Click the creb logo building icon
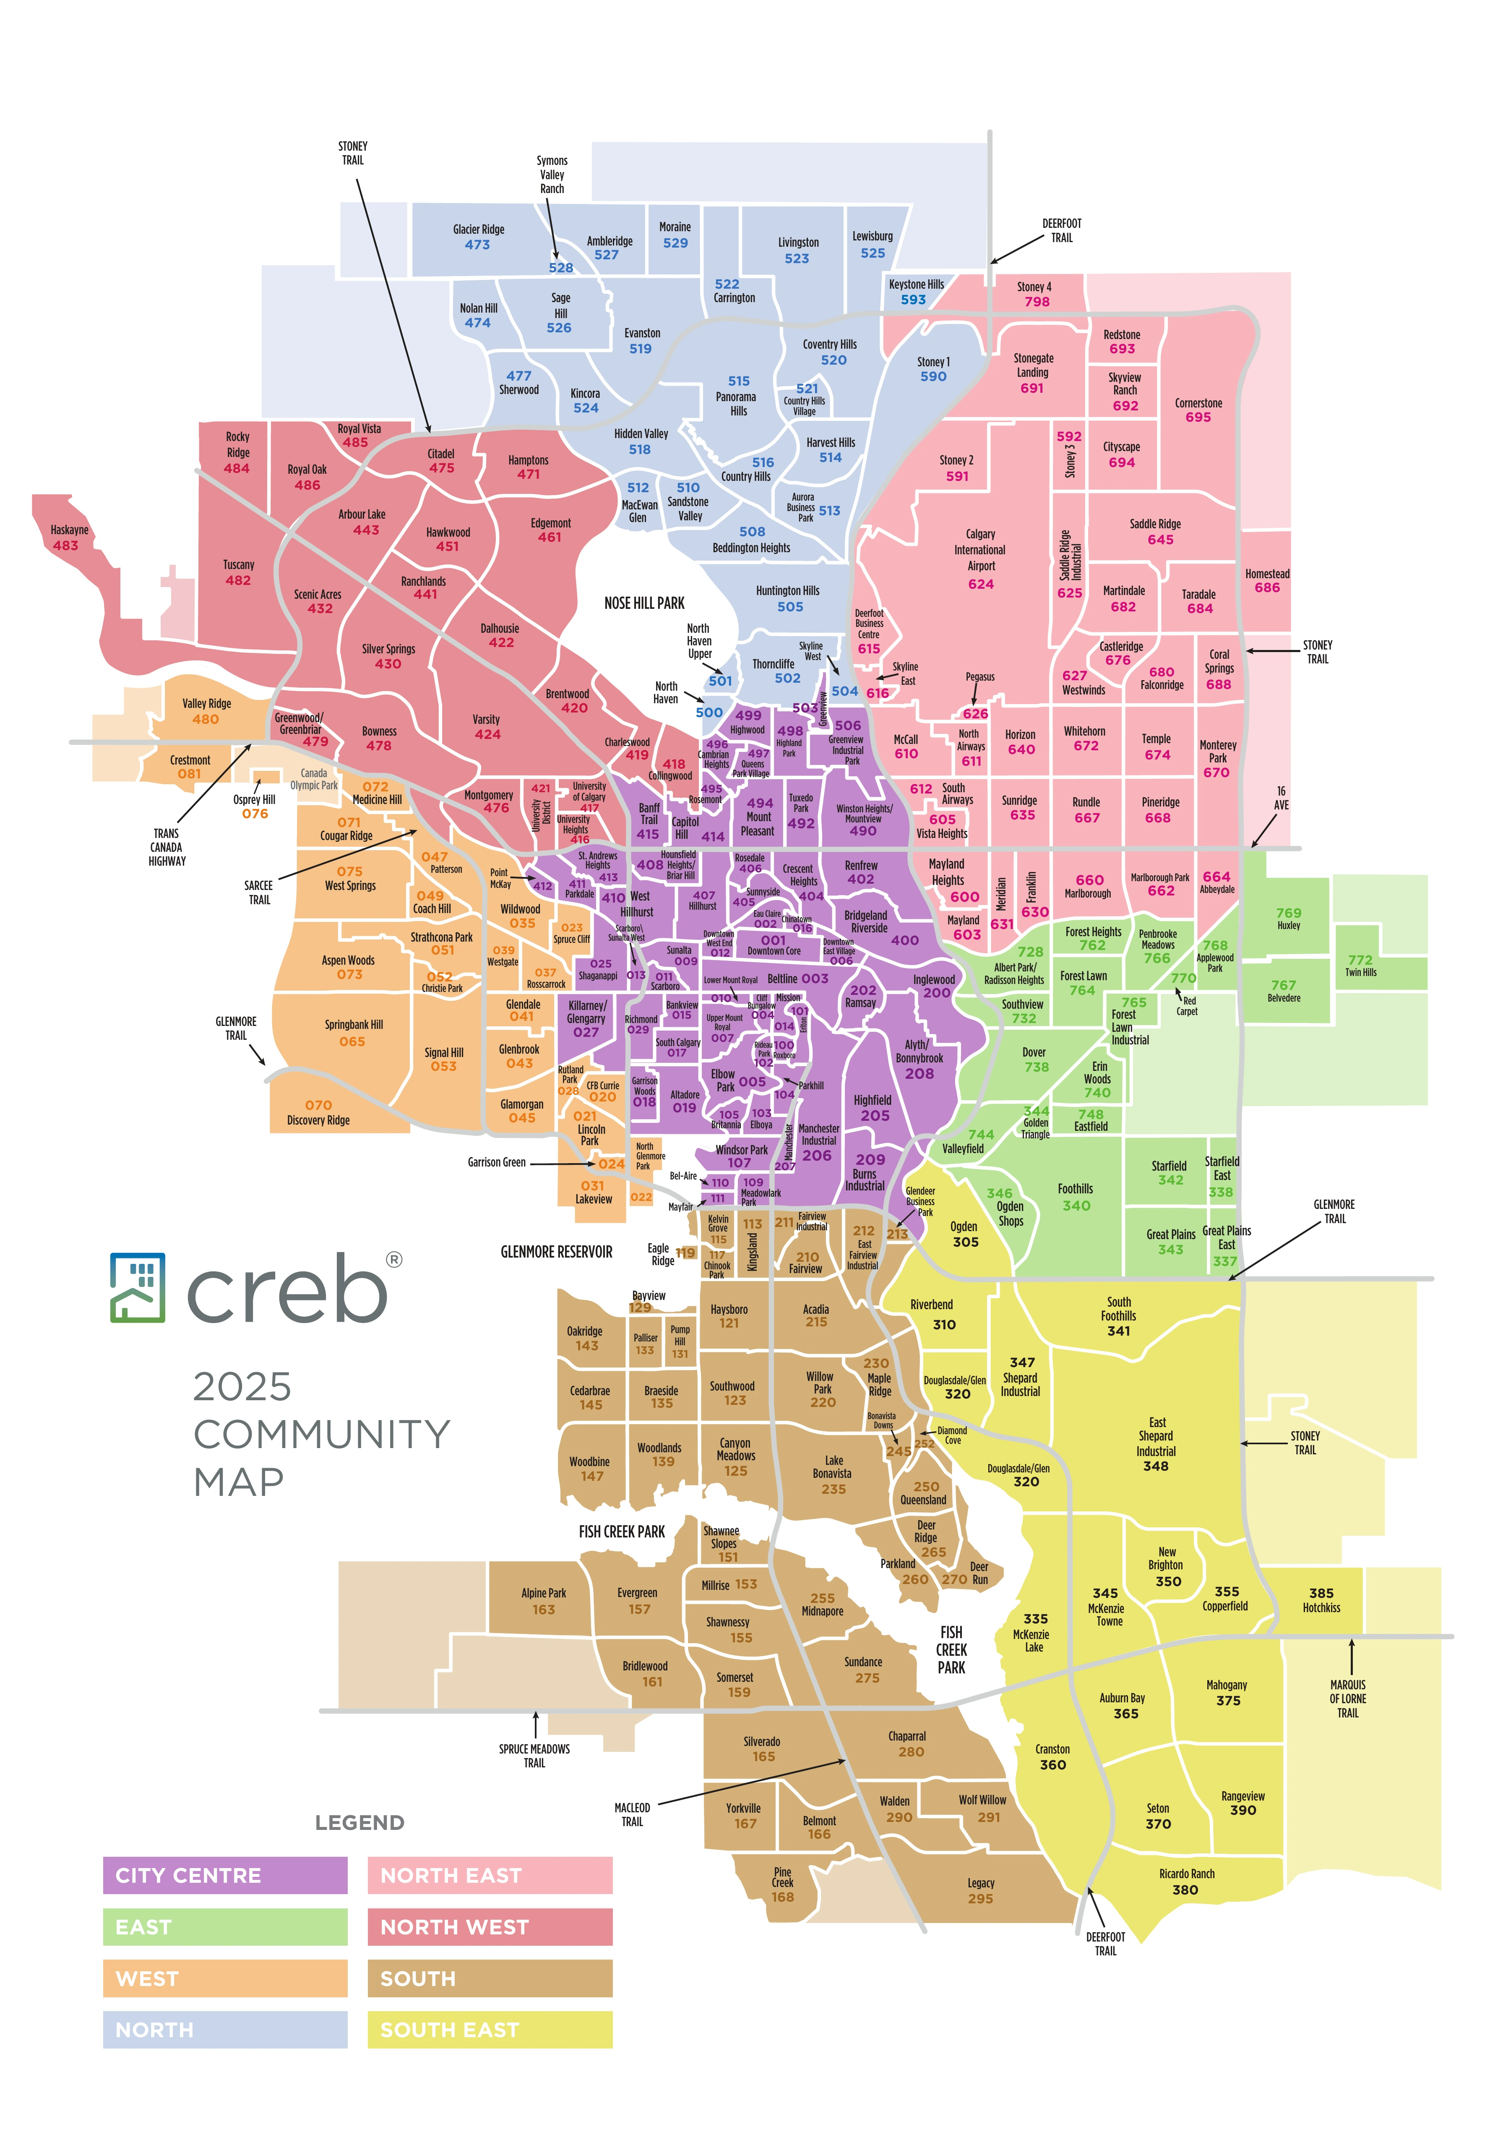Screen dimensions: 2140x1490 pyautogui.click(x=138, y=1287)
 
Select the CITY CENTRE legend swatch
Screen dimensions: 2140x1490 pyautogui.click(x=224, y=1874)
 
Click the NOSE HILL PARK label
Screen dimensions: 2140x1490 pyautogui.click(x=644, y=603)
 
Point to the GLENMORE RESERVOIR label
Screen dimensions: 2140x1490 pyautogui.click(x=556, y=1252)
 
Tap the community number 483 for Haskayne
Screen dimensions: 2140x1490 pyautogui.click(x=65, y=545)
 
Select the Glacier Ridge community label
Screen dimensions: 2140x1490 pyautogui.click(x=478, y=229)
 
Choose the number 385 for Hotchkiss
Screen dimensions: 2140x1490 pyautogui.click(x=1321, y=1593)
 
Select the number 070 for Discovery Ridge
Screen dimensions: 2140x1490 pyautogui.click(x=318, y=1104)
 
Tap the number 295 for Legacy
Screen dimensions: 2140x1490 pyautogui.click(x=980, y=1897)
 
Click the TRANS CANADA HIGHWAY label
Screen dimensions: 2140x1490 pyautogui.click(x=167, y=847)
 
